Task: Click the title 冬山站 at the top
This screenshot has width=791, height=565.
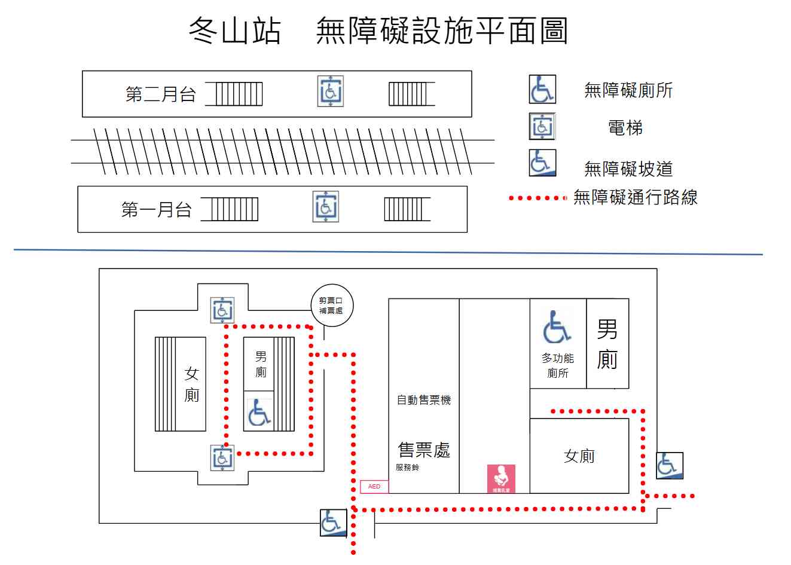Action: (234, 31)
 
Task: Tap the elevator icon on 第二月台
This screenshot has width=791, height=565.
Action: (330, 91)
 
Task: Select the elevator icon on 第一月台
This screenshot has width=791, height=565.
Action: (325, 207)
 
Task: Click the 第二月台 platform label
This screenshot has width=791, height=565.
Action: (160, 94)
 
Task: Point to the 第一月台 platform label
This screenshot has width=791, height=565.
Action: (156, 210)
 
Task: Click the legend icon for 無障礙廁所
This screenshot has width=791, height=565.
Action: (542, 89)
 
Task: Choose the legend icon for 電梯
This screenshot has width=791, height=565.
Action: (542, 127)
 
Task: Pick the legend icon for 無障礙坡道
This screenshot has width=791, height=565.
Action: (542, 163)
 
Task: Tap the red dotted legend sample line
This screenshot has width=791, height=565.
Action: (537, 198)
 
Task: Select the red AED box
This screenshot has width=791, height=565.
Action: (374, 487)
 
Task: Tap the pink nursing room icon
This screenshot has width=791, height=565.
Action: (501, 479)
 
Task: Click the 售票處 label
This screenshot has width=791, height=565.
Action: (424, 450)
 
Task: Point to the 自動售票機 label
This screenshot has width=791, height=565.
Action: (424, 400)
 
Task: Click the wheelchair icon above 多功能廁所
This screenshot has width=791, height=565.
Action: (557, 328)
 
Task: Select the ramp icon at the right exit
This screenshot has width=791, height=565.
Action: (669, 465)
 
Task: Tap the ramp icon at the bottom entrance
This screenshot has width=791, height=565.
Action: (333, 523)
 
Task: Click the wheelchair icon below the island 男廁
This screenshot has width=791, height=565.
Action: (259, 413)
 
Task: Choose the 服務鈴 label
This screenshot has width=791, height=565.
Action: (407, 468)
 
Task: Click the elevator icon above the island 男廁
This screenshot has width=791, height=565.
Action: (222, 310)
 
